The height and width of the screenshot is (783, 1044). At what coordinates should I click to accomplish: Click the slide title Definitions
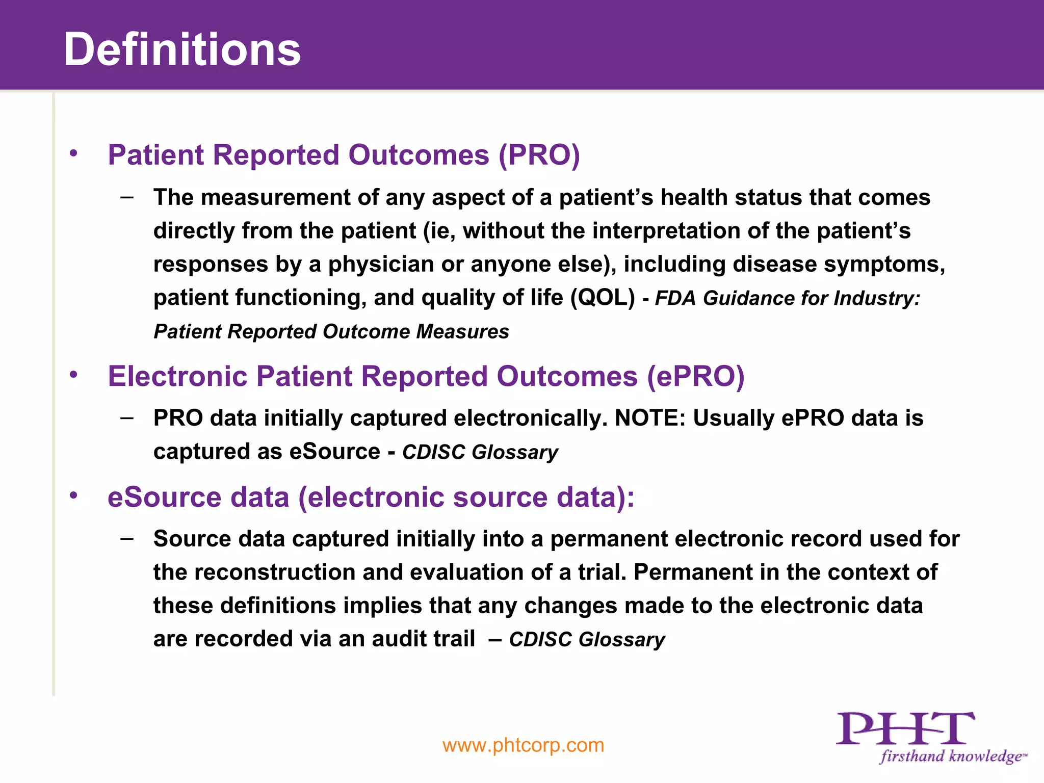[182, 49]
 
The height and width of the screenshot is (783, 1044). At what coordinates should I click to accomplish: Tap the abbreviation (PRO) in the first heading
[539, 155]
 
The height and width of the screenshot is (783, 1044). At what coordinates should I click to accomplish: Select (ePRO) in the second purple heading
[695, 377]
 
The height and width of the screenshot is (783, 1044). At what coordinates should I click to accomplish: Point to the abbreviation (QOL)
[603, 298]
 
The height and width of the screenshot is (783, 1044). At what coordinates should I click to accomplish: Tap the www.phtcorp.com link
[523, 745]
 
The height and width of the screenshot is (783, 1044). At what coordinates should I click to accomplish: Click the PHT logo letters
[905, 729]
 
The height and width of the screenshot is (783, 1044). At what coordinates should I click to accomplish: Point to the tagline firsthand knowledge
[951, 756]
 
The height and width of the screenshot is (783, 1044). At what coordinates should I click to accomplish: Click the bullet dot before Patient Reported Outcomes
[74, 153]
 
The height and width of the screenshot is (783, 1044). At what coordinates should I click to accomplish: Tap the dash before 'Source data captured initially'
[127, 538]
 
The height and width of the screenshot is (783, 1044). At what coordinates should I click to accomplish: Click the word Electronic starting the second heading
[177, 377]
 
